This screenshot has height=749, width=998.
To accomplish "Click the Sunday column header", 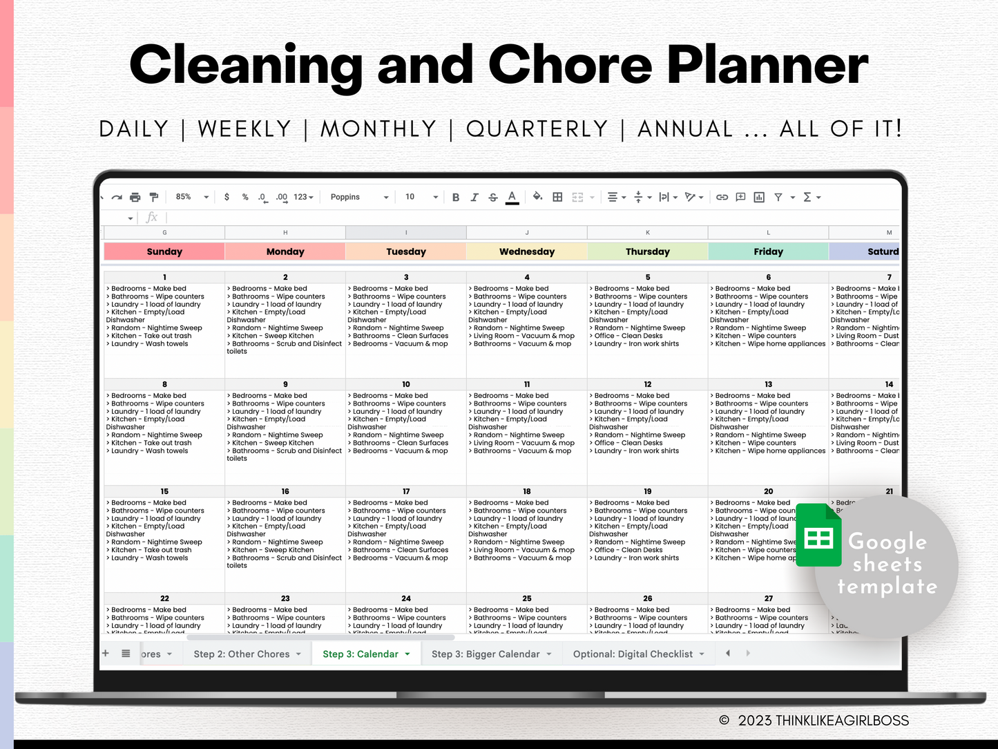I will click(164, 252).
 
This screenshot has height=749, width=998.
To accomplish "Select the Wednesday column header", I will click(526, 252).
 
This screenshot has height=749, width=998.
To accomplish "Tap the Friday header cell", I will click(768, 252).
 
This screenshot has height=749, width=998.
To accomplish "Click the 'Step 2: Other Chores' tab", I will click(242, 654).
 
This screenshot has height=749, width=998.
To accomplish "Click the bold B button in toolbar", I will click(456, 198).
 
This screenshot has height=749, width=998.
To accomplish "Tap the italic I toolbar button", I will click(474, 198).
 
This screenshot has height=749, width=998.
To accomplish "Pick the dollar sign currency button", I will click(227, 197).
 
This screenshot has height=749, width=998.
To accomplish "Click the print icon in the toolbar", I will click(135, 198).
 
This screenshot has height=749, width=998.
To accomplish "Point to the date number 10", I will click(406, 384).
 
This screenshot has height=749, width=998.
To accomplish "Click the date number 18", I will click(527, 491).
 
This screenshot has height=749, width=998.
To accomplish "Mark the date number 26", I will click(648, 598).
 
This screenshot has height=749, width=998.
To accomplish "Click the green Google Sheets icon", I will click(819, 535).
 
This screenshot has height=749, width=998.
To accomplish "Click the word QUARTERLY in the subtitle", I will click(537, 129).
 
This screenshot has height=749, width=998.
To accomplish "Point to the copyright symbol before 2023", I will click(724, 721).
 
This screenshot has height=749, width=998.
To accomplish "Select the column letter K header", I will click(648, 233).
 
